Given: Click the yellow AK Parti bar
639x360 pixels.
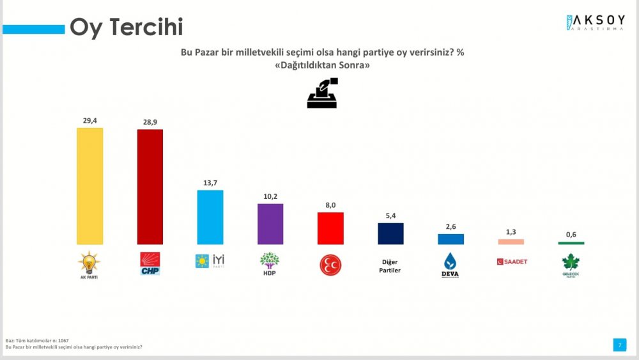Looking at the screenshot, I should (89, 186).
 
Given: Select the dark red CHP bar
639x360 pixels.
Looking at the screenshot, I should (150, 187).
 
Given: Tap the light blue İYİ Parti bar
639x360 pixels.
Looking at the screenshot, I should (210, 217).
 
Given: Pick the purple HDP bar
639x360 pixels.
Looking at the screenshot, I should (270, 224).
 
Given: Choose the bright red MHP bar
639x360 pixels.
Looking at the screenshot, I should (330, 228).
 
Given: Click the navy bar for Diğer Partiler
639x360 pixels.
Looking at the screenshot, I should (390, 233).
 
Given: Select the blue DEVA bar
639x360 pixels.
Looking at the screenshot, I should (450, 239).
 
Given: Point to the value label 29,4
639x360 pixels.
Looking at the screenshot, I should (89, 120).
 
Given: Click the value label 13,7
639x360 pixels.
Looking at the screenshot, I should (210, 183).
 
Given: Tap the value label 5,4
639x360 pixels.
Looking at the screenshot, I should (390, 215).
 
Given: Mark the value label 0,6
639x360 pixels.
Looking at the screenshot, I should (571, 234).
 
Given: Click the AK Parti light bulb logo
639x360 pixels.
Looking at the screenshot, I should (89, 263).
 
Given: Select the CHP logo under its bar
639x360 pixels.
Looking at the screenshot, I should (150, 263).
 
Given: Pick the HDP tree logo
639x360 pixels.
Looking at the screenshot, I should (270, 263).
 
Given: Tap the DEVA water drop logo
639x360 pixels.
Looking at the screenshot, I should (450, 265).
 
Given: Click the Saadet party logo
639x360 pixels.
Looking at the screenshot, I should (511, 262).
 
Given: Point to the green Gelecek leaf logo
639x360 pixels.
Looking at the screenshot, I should (571, 264).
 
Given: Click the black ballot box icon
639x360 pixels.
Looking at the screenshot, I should (323, 93).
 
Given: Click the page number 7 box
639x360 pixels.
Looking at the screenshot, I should (618, 345).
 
